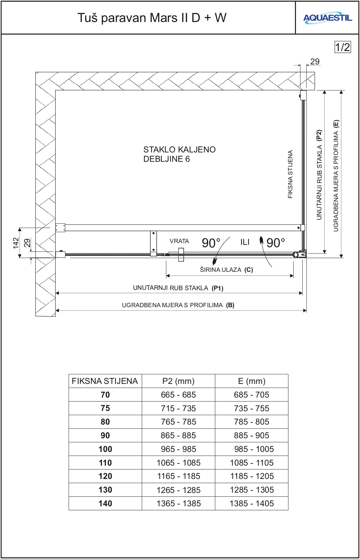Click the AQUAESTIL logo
[327, 18]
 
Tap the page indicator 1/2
[342, 47]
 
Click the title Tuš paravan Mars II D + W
[152, 18]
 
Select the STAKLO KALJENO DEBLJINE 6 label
[179, 154]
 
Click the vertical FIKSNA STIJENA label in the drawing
[290, 174]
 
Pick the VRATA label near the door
[179, 241]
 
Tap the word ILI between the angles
[245, 242]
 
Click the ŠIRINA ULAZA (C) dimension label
[226, 270]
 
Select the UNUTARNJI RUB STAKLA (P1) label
[178, 288]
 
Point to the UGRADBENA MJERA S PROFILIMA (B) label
[178, 305]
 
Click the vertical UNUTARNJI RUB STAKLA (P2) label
[319, 175]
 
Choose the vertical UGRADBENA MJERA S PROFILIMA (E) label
[336, 175]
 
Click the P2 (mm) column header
[178, 381]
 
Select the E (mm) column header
[252, 381]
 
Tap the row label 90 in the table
[105, 435]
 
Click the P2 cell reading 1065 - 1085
[178, 463]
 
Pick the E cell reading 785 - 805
[252, 422]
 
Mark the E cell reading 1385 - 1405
[252, 503]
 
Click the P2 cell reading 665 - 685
[178, 395]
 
